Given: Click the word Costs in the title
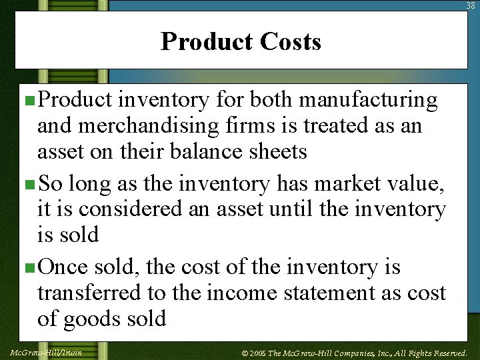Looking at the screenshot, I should click(290, 41).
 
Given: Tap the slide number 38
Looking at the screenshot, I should click(471, 5).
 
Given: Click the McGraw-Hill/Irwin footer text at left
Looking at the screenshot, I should click(46, 352).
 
